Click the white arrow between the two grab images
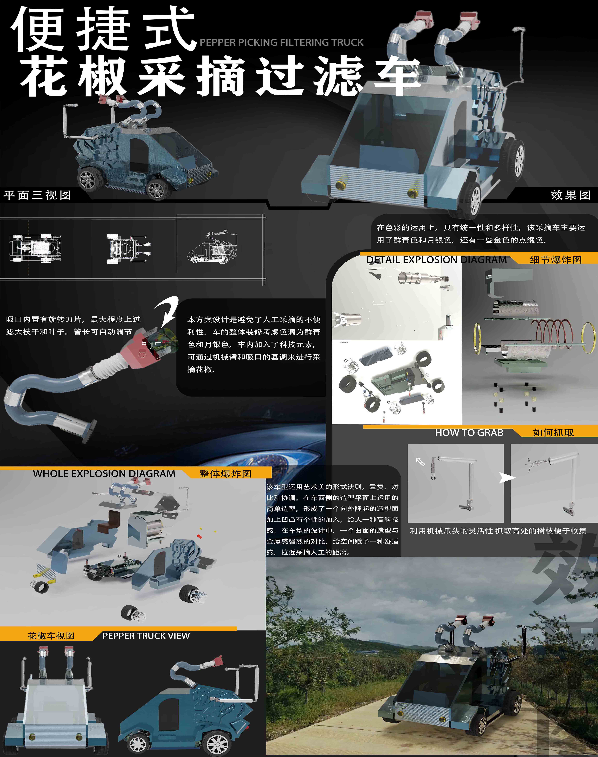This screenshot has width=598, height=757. tap(507, 478)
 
